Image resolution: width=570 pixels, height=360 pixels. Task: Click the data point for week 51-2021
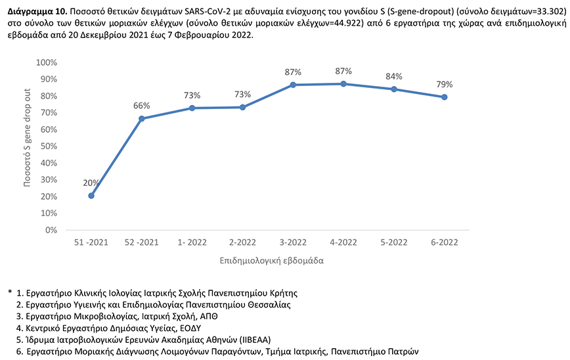[x=91, y=196]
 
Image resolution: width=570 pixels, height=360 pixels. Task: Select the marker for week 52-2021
[x=142, y=119]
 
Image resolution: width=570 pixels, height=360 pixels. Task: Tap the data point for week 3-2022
[x=293, y=85]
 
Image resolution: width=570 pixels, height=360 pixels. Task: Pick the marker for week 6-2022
[x=445, y=97]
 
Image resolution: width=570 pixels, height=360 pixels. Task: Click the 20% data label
[x=91, y=183]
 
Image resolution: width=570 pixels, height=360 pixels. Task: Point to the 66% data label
[x=142, y=106]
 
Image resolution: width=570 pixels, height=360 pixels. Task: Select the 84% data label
[x=394, y=76]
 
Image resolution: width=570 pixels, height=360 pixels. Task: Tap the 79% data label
[x=445, y=84]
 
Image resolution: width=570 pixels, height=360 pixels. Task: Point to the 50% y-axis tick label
[x=47, y=146]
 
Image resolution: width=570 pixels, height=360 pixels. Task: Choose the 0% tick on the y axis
[x=50, y=231]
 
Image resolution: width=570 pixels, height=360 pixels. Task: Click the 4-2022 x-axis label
[x=343, y=243]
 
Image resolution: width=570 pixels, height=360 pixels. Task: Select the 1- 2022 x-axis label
[x=192, y=243]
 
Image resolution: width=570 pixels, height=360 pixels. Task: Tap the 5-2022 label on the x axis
[x=394, y=243]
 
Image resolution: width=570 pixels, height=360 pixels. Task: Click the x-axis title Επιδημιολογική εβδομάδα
[x=268, y=261]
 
